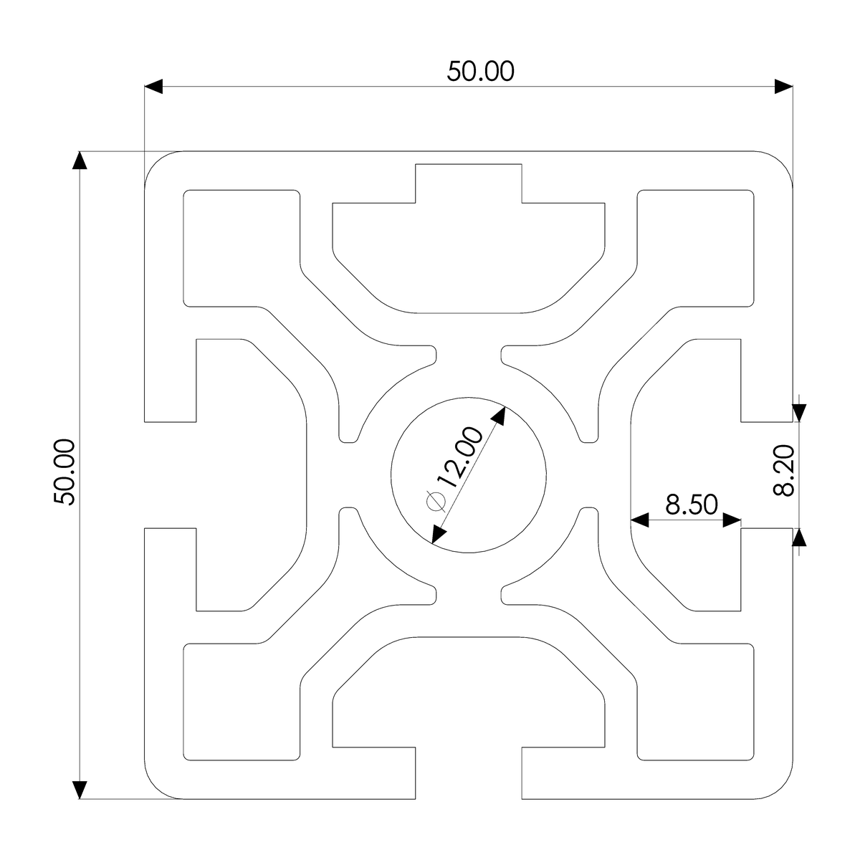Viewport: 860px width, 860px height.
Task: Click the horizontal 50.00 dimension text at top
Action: pyautogui.click(x=481, y=71)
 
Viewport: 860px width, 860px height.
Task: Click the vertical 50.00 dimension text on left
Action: pyautogui.click(x=65, y=472)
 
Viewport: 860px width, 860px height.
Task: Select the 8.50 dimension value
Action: pyautogui.click(x=691, y=505)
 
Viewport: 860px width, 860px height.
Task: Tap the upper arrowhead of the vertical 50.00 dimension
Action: pyautogui.click(x=80, y=161)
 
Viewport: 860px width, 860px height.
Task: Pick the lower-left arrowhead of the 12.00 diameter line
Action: pyautogui.click(x=439, y=532)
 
